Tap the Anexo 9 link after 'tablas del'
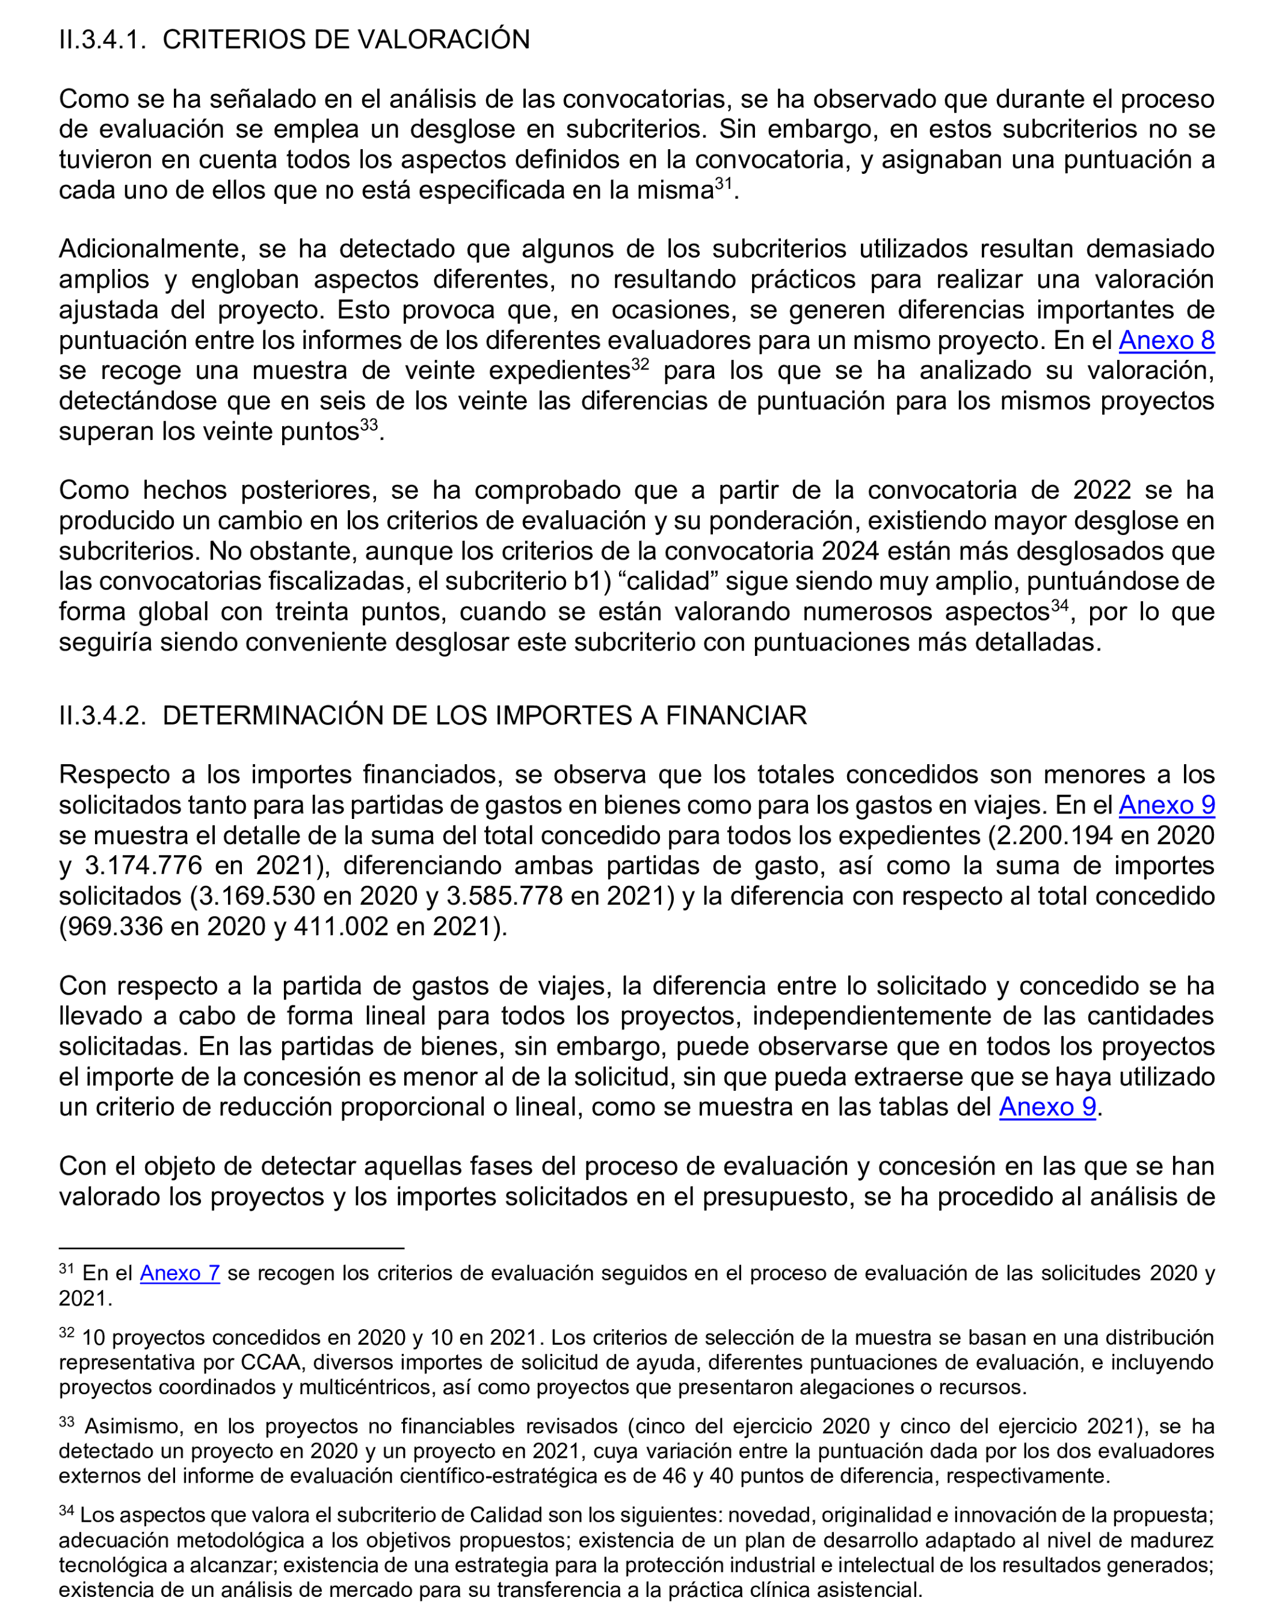click(x=1047, y=1107)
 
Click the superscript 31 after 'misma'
click(x=723, y=184)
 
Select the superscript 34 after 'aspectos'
click(x=1059, y=605)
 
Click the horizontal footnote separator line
click(x=232, y=1249)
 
